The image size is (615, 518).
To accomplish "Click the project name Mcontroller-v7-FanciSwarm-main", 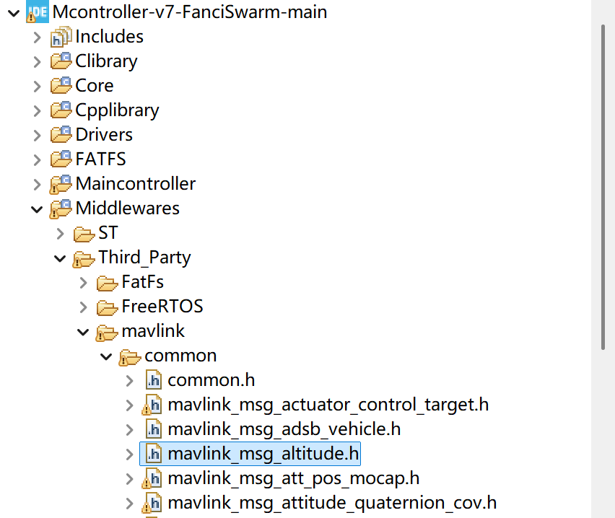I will point(190,12).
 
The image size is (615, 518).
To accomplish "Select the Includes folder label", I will point(109,37).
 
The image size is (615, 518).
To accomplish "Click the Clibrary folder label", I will point(106,61).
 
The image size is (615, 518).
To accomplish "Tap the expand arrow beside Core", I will point(38,86).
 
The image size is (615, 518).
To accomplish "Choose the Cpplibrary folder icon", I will point(61,110).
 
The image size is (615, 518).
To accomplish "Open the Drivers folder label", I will point(104,135).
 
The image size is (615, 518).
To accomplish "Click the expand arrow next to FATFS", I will point(38,159).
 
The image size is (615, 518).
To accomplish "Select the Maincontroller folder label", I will point(135,184).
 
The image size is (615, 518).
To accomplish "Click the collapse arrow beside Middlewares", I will point(38,208).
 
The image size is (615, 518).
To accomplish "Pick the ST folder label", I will point(108,233).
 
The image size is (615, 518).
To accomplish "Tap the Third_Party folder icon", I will point(84,258).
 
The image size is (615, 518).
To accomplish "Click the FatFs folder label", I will point(143,282).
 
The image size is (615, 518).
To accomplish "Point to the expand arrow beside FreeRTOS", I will point(84,307).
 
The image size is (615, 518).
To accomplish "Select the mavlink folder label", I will point(153,331).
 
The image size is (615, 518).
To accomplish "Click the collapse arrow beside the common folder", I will point(107,356).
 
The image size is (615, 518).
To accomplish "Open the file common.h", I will point(211,380).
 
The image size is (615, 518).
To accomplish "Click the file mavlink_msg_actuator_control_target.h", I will point(328,405).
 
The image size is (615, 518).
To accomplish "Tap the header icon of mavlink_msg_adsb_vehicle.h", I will point(153,429).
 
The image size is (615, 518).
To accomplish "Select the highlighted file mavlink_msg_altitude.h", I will point(263,454).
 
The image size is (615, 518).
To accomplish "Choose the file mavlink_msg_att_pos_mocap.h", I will point(293,478).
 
